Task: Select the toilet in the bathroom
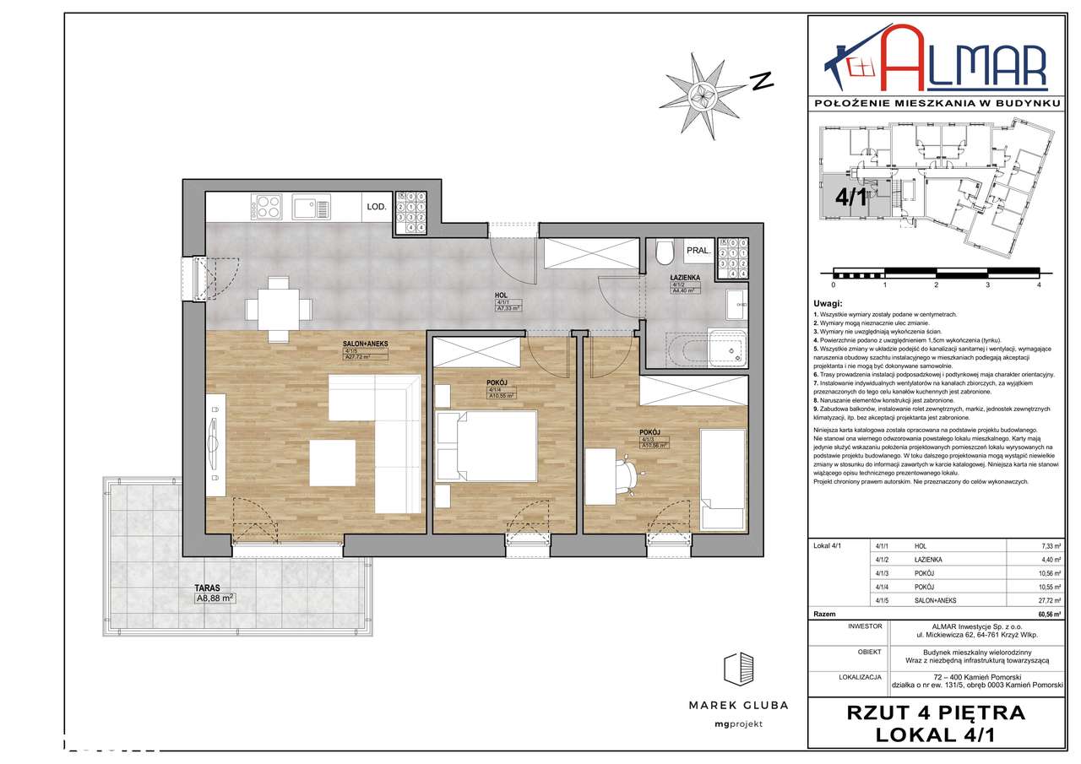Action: point(665,253)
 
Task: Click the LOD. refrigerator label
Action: point(376,206)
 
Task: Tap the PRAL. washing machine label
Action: point(697,251)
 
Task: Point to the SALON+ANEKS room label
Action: point(365,344)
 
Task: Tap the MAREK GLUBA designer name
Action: point(737,705)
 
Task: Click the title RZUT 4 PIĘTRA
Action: point(935,713)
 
